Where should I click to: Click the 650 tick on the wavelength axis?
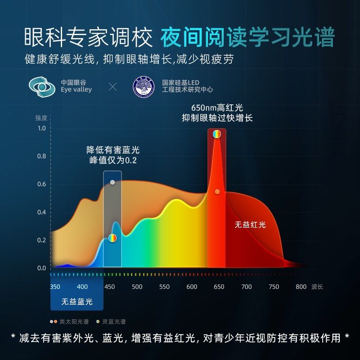[x=219, y=287]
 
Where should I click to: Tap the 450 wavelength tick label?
[x=109, y=287]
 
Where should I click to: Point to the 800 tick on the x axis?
[x=301, y=287]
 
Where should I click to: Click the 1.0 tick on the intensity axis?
[x=42, y=129]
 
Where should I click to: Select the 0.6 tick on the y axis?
[x=42, y=184]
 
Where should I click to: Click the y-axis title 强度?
[x=41, y=118]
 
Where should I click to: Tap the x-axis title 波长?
[x=317, y=287]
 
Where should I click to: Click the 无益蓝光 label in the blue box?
[x=77, y=301]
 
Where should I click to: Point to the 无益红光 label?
[x=250, y=225]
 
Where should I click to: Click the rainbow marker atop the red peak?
[x=217, y=134]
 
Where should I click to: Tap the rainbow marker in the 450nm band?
[x=112, y=238]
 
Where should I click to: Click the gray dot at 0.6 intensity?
[x=112, y=182]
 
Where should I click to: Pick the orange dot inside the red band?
[x=217, y=192]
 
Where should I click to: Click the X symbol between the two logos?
[x=112, y=86]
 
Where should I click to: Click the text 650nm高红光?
[x=217, y=108]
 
